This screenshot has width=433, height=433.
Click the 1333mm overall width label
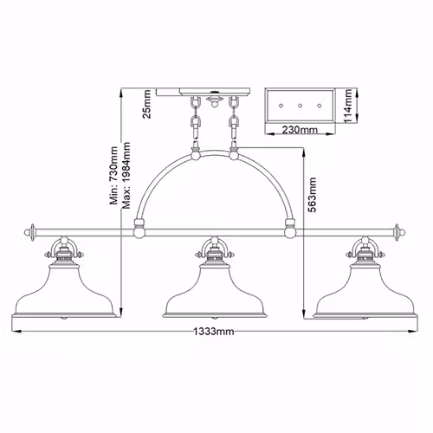pyautogui.click(x=213, y=332)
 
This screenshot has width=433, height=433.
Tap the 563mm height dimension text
pyautogui.click(x=313, y=195)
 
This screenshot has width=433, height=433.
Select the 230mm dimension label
pyautogui.click(x=300, y=130)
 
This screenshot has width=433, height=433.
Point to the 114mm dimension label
pyautogui.click(x=347, y=106)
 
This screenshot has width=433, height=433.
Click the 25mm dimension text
pyautogui.click(x=147, y=104)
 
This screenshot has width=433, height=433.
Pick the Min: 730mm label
pyautogui.click(x=113, y=176)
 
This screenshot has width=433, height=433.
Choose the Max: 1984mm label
pyautogui.click(x=126, y=175)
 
